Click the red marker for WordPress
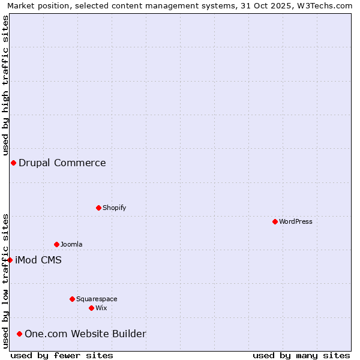[x=275, y=221]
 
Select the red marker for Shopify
[x=99, y=208]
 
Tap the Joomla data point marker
[x=57, y=244]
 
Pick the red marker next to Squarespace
[x=73, y=299]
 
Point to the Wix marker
[x=92, y=308]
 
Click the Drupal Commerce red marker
[x=13, y=163]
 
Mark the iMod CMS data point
[x=10, y=260]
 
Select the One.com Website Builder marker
[x=20, y=334]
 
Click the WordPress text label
[x=296, y=221]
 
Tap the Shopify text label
[x=114, y=208]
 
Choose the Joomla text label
[x=71, y=244]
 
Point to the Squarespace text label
[x=97, y=299]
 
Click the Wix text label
[x=101, y=308]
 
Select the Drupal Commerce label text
[x=62, y=163]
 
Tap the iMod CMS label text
[x=38, y=260]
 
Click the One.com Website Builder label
[x=85, y=334]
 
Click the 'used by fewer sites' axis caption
[x=62, y=355]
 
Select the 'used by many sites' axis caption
[x=301, y=355]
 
